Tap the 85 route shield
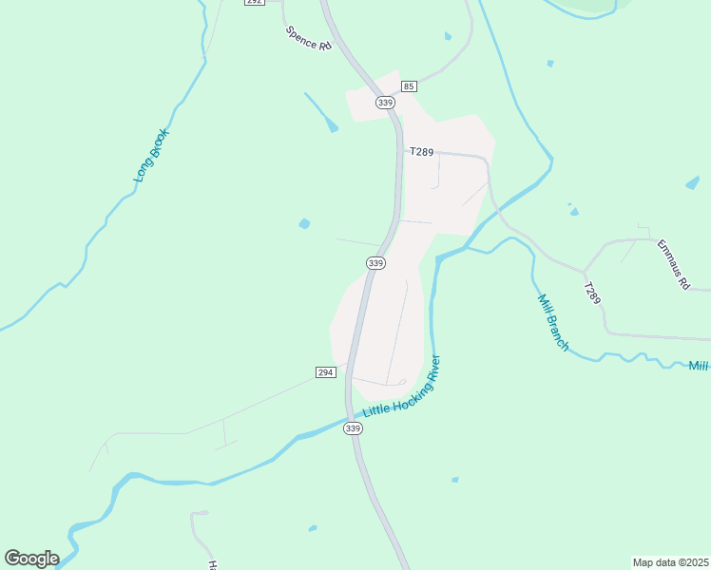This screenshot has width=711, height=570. pos(408,86)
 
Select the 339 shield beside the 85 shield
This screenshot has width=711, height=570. pos(384,103)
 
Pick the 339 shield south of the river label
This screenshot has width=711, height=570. pos(353,428)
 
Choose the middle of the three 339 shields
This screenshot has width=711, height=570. pos(375,263)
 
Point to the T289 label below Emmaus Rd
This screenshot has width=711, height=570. pos(592,294)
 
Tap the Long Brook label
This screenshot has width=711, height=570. pos(150,156)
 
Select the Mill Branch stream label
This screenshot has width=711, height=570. pos(553,323)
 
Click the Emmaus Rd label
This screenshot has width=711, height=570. pos(672,264)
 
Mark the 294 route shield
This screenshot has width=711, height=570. pos(325,370)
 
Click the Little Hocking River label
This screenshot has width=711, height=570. pos(403,388)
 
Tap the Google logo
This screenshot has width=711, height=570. pos(31,559)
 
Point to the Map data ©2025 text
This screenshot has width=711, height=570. pos(670,561)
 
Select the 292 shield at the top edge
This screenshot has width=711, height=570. pos(253,3)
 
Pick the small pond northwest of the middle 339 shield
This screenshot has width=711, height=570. pos(304,224)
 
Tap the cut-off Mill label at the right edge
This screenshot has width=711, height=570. pos(700,366)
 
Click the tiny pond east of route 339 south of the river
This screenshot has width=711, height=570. pos(454,480)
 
